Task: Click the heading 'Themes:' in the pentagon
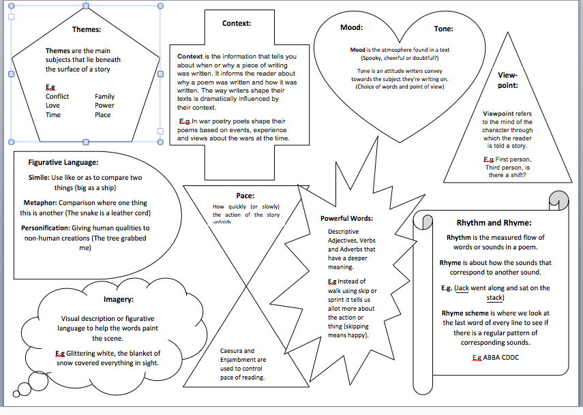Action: click(x=87, y=29)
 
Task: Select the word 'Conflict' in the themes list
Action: click(x=57, y=96)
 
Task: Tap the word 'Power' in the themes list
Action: click(x=104, y=106)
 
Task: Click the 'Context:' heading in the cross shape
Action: click(x=237, y=23)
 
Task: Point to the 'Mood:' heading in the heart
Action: click(x=351, y=28)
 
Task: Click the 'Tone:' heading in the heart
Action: click(x=443, y=29)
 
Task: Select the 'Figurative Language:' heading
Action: click(x=63, y=162)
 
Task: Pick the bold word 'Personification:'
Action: click(x=50, y=228)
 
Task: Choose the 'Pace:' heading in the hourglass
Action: click(x=245, y=196)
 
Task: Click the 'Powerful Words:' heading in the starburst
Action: click(x=346, y=219)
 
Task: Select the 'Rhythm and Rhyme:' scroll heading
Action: click(x=494, y=222)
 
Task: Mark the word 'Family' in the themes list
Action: click(x=104, y=96)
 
